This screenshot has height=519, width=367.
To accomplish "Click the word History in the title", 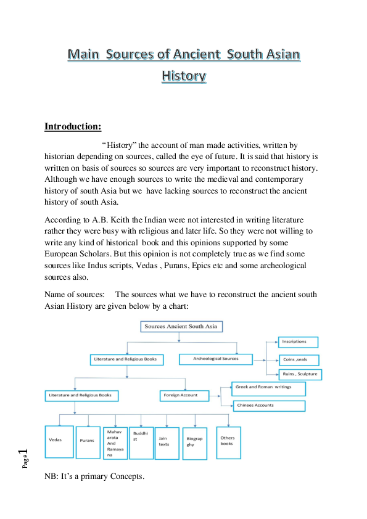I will pyautogui.click(x=183, y=76).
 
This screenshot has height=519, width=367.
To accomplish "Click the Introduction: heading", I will pyautogui.click(x=73, y=126).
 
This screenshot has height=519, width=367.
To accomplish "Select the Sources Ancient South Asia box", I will pyautogui.click(x=181, y=326).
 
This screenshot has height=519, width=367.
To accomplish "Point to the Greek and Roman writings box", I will pyautogui.click(x=268, y=388).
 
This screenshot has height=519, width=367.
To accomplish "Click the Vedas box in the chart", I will pyautogui.click(x=59, y=441).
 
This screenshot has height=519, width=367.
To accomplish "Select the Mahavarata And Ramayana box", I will pyautogui.click(x=115, y=443).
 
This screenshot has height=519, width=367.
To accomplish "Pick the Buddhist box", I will pyautogui.click(x=141, y=443).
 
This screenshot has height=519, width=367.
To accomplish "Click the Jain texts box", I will pyautogui.click(x=167, y=443).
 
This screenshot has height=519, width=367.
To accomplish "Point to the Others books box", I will pyautogui.click(x=227, y=442).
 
